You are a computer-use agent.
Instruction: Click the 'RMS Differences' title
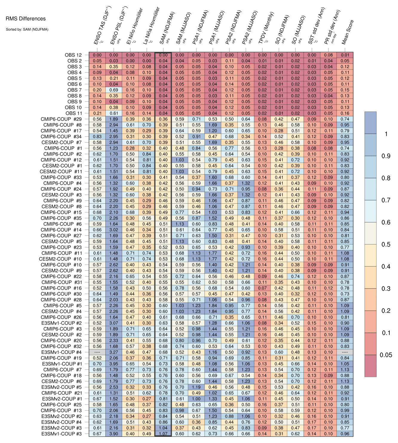(x=26, y=19)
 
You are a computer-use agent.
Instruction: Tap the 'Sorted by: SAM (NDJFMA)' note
(x=27, y=29)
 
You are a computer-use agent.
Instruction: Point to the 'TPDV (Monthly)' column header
(x=266, y=28)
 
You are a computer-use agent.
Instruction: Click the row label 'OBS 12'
(x=73, y=55)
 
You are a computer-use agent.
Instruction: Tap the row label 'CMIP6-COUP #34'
(x=61, y=137)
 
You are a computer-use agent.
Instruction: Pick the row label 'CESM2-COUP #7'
(x=62, y=142)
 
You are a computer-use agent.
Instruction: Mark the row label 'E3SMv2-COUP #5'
(x=62, y=387)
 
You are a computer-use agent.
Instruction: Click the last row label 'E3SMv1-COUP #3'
(x=62, y=434)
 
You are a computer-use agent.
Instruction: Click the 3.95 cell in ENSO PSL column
(x=113, y=364)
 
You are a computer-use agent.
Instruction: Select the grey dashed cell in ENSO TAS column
(x=97, y=352)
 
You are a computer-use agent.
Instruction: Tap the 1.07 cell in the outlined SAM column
(x=163, y=434)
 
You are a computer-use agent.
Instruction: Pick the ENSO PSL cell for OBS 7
(x=113, y=90)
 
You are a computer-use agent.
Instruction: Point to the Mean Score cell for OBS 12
(x=345, y=55)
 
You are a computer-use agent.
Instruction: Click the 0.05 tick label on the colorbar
(x=386, y=355)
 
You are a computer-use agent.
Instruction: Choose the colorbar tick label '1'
(x=386, y=134)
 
